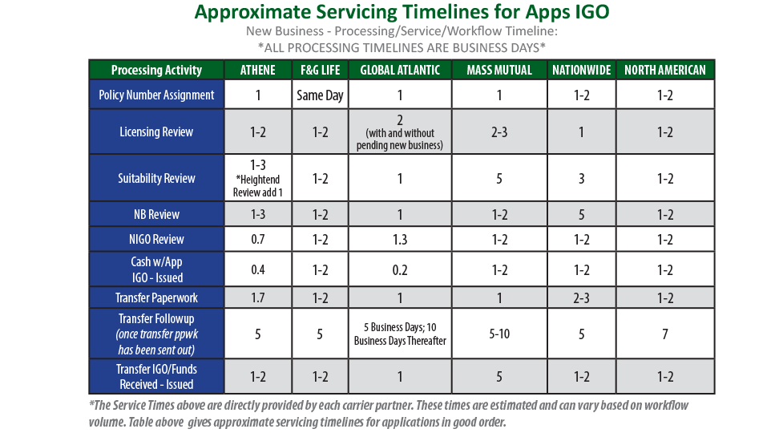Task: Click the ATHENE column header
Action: pyautogui.click(x=258, y=70)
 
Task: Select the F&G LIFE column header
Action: pyautogui.click(x=320, y=70)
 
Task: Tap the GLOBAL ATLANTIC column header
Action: pyautogui.click(x=400, y=70)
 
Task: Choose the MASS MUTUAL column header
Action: pyautogui.click(x=498, y=70)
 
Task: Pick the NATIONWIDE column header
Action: pyautogui.click(x=581, y=70)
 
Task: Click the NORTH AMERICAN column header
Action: pyautogui.click(x=664, y=70)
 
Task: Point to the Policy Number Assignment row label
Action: pyautogui.click(x=156, y=95)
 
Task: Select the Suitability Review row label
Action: pyautogui.click(x=156, y=178)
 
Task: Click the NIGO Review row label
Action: pyautogui.click(x=156, y=239)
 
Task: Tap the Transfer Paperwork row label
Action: pyautogui.click(x=156, y=297)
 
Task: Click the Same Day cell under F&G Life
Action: pyautogui.click(x=320, y=95)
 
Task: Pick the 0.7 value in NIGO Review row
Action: pyautogui.click(x=258, y=239)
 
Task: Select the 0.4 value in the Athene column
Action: pyautogui.click(x=258, y=269)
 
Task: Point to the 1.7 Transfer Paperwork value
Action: pyautogui.click(x=258, y=297)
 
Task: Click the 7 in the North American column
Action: pyautogui.click(x=664, y=334)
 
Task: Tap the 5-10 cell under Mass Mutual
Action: pyautogui.click(x=498, y=334)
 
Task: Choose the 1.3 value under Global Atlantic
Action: pyautogui.click(x=400, y=239)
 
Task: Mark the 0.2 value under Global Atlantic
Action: pyautogui.click(x=400, y=269)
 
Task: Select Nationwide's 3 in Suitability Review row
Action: pyautogui.click(x=581, y=178)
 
